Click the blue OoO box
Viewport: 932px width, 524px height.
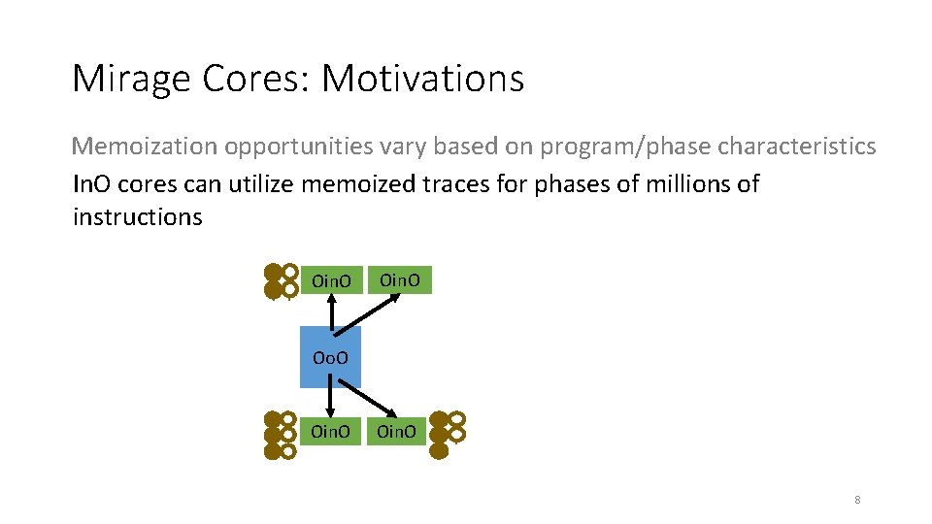pos(331,356)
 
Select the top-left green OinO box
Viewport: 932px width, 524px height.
pos(331,281)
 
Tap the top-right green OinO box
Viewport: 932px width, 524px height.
pos(400,280)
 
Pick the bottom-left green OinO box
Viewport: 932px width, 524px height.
pos(331,431)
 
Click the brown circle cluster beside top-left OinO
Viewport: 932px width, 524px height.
pos(282,280)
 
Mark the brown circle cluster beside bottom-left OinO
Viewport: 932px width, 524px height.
pos(281,434)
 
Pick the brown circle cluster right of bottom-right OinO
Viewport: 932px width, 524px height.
pos(448,434)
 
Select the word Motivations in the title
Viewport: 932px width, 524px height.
pos(422,79)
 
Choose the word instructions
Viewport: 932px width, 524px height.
pos(137,216)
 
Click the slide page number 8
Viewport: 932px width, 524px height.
pos(857,500)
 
